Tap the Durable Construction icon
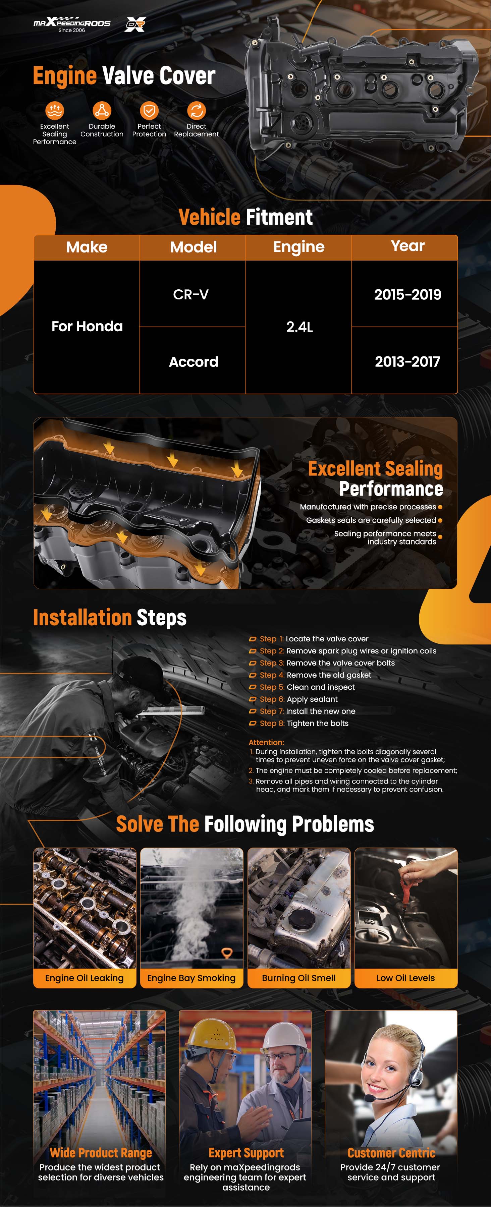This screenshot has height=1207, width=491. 102,111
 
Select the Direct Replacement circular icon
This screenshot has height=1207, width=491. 196,111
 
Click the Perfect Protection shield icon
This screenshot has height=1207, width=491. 149,111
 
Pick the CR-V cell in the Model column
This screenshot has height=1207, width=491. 193,294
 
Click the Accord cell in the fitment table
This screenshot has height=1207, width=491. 193,361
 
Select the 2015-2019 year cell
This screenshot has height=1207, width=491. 404,294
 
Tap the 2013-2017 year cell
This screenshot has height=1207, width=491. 404,361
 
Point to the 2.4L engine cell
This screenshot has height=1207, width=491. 299,327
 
